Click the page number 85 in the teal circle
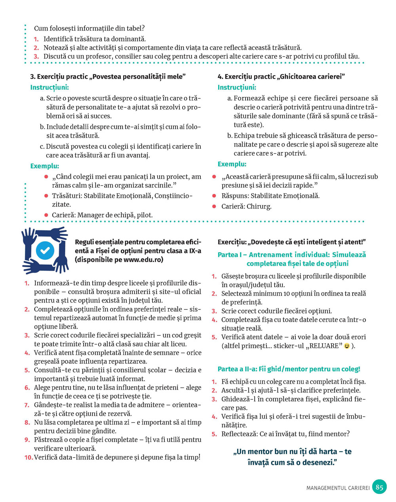pyautogui.click(x=379, y=487)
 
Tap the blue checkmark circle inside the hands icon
pyautogui.click(x=45, y=250)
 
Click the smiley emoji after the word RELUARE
pyautogui.click(x=347, y=346)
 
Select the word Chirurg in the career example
pyautogui.click(x=259, y=206)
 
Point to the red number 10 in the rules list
pyautogui.click(x=28, y=457)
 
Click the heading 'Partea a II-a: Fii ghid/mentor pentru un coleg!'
pyautogui.click(x=289, y=369)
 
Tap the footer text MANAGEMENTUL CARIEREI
pyautogui.click(x=338, y=488)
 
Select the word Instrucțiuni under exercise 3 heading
pyautogui.click(x=49, y=87)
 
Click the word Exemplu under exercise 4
pyautogui.click(x=232, y=164)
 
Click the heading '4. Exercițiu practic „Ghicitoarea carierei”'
pyautogui.click(x=282, y=76)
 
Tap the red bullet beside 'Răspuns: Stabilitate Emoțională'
pyautogui.click(x=214, y=196)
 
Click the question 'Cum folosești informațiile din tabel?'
pyautogui.click(x=89, y=28)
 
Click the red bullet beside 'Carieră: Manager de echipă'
pyautogui.click(x=46, y=215)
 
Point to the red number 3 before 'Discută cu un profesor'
pyautogui.click(x=36, y=57)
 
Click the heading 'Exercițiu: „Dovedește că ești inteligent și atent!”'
pyautogui.click(x=291, y=242)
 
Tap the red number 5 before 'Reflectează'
pyautogui.click(x=214, y=434)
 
